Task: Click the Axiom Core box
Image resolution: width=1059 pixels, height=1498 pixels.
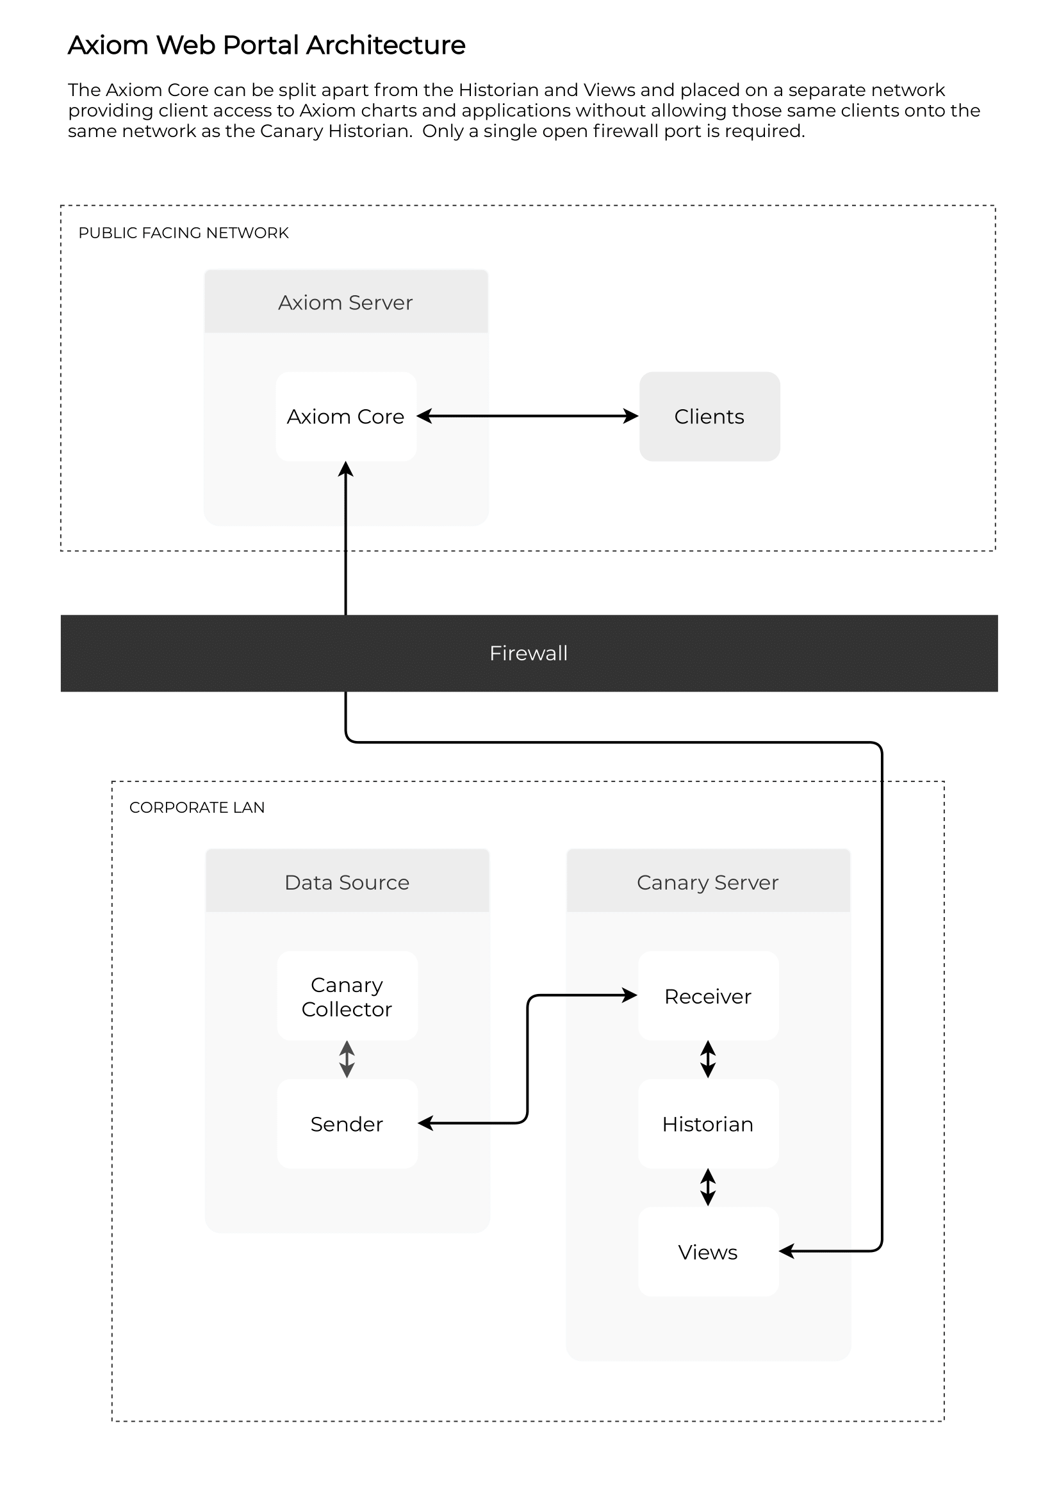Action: (346, 416)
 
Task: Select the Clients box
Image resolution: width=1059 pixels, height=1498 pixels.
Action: (709, 416)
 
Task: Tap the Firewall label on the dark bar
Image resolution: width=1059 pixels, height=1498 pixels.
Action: (529, 653)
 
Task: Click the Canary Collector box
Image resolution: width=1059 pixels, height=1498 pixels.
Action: (347, 996)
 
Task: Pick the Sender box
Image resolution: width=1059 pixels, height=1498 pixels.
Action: (347, 1123)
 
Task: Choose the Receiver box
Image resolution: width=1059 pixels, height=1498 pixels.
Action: (708, 996)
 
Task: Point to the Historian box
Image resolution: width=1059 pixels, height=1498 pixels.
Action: (708, 1123)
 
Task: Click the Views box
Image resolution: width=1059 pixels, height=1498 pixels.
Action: (708, 1251)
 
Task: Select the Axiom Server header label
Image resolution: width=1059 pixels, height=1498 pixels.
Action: (346, 303)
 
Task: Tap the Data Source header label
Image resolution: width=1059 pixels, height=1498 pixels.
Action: (347, 882)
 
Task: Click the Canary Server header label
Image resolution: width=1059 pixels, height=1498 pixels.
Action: (708, 883)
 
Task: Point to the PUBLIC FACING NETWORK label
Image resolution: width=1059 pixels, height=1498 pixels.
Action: (183, 233)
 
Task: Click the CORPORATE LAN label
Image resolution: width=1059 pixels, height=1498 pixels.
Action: (197, 807)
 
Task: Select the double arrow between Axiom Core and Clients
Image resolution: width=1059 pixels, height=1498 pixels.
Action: (528, 416)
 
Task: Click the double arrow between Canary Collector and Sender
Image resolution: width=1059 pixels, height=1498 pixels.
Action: (347, 1059)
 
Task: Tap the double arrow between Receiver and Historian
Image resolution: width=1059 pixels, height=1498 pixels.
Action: (708, 1059)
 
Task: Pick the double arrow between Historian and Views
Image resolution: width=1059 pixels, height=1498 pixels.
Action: (708, 1187)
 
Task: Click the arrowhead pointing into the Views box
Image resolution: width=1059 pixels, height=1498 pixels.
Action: (787, 1251)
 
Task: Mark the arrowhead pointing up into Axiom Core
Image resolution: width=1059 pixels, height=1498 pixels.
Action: (346, 469)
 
